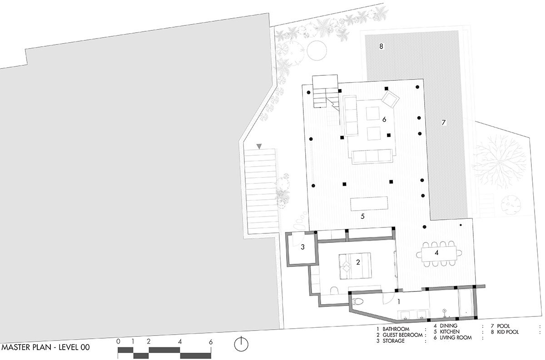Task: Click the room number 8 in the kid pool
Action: tap(381, 46)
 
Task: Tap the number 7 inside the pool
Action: tap(444, 123)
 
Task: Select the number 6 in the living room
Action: tap(384, 119)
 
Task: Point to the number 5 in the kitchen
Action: tap(362, 216)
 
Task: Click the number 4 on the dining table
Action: tap(436, 253)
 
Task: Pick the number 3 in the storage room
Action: tap(302, 247)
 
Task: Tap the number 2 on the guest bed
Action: tap(358, 262)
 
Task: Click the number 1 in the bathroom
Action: tap(399, 302)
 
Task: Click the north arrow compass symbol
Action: tap(241, 344)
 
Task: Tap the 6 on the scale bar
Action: tap(210, 342)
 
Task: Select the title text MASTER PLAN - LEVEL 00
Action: tap(45, 347)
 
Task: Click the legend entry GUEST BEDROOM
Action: tap(402, 335)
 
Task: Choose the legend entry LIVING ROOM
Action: tap(456, 338)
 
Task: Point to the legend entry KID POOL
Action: tap(508, 332)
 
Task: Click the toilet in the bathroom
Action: tap(358, 301)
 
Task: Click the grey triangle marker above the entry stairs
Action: tap(259, 146)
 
